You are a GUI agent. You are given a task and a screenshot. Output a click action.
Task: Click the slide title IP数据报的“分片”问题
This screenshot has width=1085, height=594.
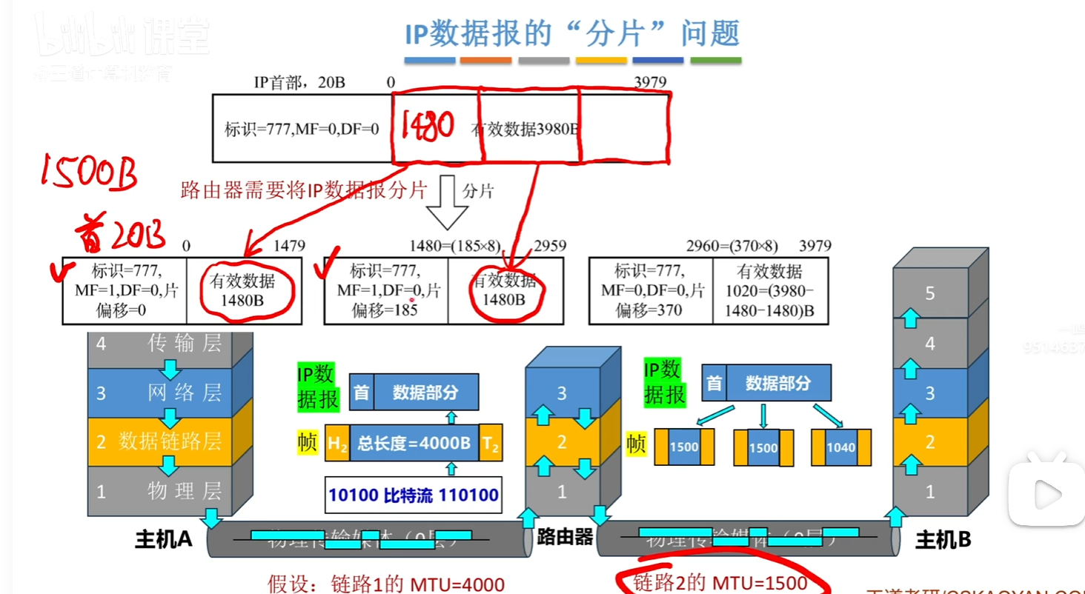[572, 34]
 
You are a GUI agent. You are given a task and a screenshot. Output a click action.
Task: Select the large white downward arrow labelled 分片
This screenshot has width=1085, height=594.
[448, 201]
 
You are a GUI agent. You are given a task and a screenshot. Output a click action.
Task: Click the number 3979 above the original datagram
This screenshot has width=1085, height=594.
[650, 82]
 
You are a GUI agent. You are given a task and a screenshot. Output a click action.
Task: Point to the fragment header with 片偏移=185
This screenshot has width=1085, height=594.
[386, 291]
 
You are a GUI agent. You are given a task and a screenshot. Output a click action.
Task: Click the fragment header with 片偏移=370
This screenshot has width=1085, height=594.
[651, 291]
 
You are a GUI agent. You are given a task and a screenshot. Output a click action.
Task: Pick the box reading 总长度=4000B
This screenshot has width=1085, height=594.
[414, 444]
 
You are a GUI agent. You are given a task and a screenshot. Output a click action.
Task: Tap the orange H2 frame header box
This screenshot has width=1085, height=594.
[337, 444]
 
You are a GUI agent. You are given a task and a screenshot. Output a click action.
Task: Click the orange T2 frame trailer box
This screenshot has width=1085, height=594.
[490, 444]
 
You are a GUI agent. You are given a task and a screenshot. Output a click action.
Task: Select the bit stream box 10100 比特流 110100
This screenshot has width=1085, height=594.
[414, 495]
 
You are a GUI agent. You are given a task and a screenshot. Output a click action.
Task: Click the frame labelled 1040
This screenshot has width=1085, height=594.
[840, 447]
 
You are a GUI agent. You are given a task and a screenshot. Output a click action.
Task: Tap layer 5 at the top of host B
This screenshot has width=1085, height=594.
[930, 294]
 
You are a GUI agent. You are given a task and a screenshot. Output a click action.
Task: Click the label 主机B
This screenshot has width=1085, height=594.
[943, 540]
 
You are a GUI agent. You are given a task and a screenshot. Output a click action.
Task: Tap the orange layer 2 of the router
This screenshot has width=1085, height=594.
[562, 442]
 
